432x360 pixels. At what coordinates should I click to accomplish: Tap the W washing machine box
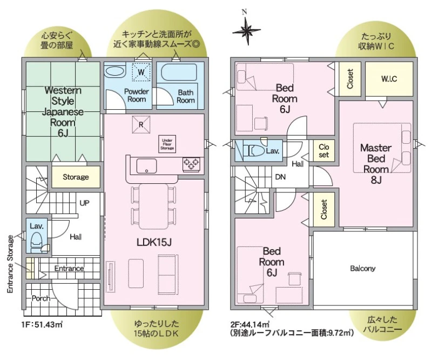(141, 72)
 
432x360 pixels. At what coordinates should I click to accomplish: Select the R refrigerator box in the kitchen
(141, 125)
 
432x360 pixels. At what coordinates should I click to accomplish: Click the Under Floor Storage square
(167, 144)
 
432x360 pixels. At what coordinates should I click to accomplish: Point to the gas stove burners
(191, 163)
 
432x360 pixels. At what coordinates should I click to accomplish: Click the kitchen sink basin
(146, 166)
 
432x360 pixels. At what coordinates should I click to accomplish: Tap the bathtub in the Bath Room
(179, 72)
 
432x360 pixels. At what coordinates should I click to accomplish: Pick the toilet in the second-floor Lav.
(254, 151)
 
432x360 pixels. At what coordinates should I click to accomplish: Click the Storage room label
(76, 177)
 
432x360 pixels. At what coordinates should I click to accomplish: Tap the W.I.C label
(389, 79)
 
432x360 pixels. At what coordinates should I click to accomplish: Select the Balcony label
(363, 268)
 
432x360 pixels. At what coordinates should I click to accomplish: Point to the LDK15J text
(154, 242)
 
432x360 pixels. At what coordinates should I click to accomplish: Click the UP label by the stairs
(84, 203)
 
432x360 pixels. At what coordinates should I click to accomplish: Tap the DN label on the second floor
(280, 177)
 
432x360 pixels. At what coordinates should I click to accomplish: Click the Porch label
(41, 298)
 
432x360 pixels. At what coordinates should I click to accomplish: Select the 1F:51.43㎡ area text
(42, 324)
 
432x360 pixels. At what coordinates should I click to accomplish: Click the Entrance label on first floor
(69, 269)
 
